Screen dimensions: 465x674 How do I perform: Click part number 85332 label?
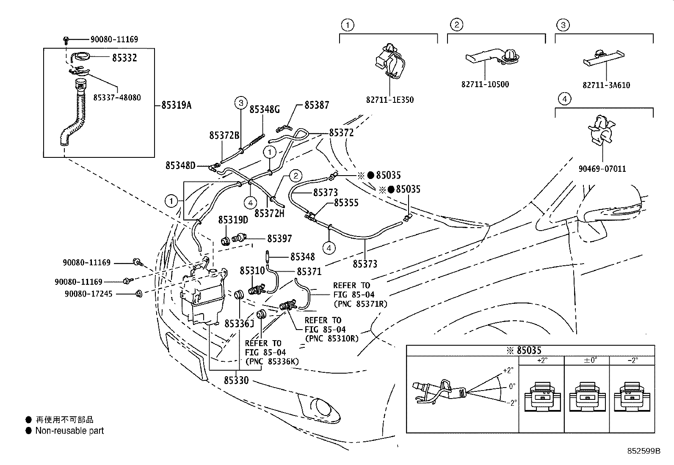(x=124, y=58)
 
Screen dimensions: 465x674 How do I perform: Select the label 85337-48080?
(x=117, y=97)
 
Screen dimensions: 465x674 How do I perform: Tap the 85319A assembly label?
(x=176, y=105)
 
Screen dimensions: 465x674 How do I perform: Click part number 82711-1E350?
(x=389, y=100)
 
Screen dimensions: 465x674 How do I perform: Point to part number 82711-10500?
(x=485, y=84)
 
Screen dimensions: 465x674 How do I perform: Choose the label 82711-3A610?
(x=606, y=85)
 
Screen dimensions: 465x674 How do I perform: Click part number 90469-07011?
(x=602, y=169)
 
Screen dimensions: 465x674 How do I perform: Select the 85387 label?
(x=317, y=105)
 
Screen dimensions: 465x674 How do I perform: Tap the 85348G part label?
(x=265, y=110)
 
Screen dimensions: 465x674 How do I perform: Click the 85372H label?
(x=269, y=213)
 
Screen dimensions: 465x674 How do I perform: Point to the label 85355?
(x=346, y=203)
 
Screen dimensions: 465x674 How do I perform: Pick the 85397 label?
(x=279, y=239)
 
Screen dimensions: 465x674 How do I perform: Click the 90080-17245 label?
(x=88, y=293)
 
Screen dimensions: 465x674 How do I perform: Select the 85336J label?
(x=239, y=324)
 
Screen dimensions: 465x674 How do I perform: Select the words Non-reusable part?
(x=69, y=431)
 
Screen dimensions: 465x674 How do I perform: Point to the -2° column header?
(x=632, y=360)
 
